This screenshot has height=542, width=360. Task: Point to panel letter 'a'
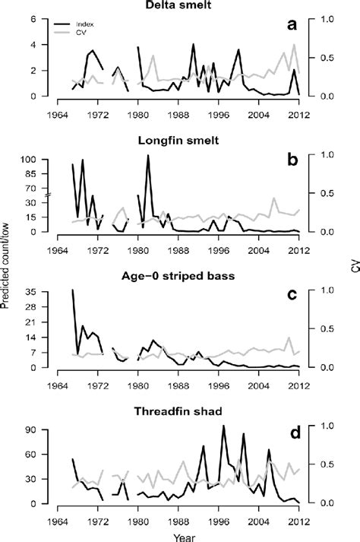tap(291, 25)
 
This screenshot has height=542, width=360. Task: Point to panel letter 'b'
tap(291, 161)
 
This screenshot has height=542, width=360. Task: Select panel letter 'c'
tap(291, 297)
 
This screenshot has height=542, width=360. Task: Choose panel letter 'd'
tap(291, 433)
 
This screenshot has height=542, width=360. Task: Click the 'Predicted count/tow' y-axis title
tap(8, 270)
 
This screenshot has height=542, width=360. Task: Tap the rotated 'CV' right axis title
tap(354, 270)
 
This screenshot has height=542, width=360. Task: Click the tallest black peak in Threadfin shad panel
tap(223, 426)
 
